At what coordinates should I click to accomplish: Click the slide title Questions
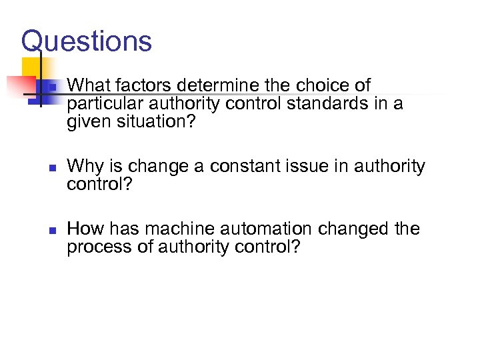coord(87,41)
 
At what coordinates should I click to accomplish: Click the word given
coord(85,122)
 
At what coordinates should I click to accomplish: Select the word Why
coord(83,166)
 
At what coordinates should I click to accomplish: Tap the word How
coord(83,229)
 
